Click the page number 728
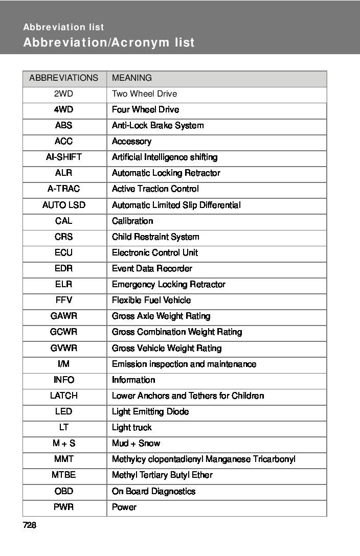(30, 525)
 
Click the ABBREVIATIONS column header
(64, 78)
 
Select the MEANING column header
(132, 78)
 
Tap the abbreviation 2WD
(64, 94)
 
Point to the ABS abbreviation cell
(64, 126)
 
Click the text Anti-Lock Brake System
(157, 126)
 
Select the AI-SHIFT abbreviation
(64, 157)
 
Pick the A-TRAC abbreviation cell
(64, 189)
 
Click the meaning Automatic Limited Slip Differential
(176, 205)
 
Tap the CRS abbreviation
(64, 237)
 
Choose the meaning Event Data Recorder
(152, 269)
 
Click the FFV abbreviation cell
(64, 300)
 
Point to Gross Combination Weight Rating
(177, 332)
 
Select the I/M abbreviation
(64, 364)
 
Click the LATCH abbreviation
(64, 396)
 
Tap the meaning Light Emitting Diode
(150, 411)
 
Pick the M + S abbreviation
(64, 444)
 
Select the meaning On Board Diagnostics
(153, 491)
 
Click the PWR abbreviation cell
(64, 507)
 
